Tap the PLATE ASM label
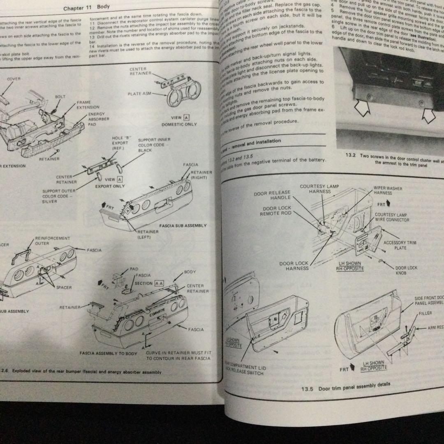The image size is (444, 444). click(140, 94)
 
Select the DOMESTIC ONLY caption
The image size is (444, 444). click(179, 124)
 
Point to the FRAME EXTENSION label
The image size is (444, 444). click(88, 104)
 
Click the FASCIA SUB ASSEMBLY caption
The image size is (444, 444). click(183, 226)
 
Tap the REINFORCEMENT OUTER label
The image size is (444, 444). click(53, 240)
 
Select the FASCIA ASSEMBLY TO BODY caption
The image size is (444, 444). click(108, 353)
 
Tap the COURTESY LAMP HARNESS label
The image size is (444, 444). click(319, 189)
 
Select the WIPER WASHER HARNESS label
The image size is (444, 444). click(388, 190)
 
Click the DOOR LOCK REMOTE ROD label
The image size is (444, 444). click(275, 211)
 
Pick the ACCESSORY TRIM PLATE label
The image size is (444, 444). click(400, 245)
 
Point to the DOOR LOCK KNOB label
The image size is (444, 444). click(406, 270)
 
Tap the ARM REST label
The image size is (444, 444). click(435, 328)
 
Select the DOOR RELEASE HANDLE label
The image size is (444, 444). click(272, 195)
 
